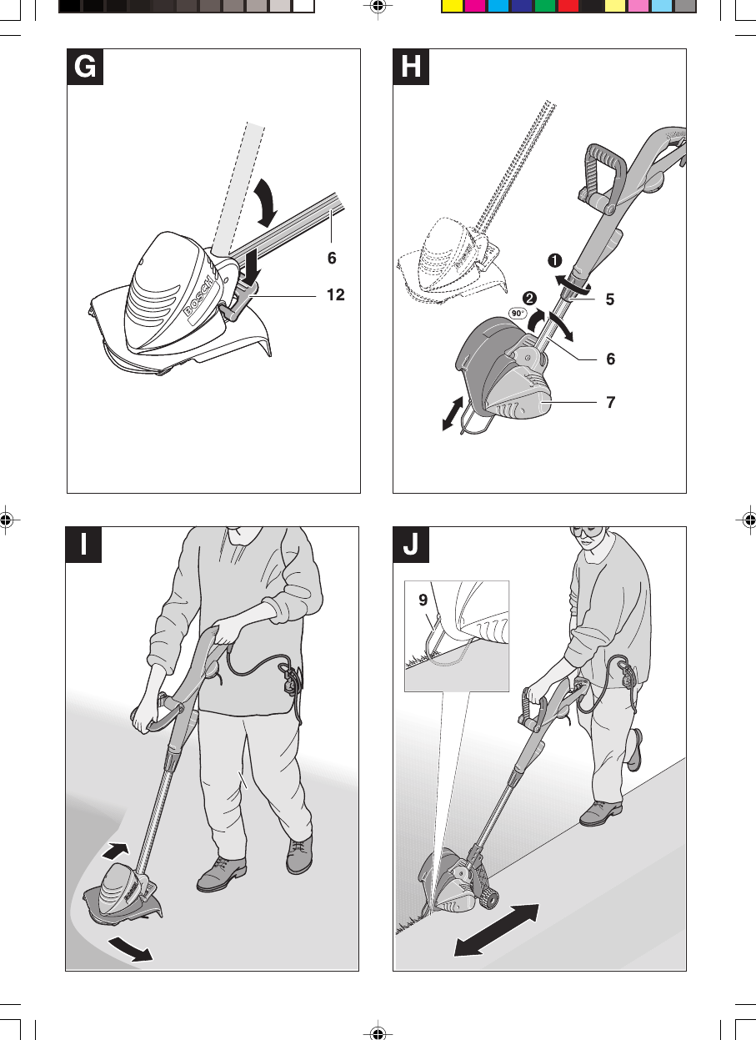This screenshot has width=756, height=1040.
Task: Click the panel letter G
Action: [84, 67]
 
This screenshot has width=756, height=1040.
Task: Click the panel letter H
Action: [411, 67]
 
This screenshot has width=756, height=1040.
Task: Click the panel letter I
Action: [84, 545]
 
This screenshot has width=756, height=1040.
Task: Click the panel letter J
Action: [411, 545]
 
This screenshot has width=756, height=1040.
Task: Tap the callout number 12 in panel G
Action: [335, 294]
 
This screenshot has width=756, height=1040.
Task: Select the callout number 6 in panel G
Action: [332, 259]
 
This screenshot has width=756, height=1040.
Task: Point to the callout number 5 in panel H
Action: [610, 298]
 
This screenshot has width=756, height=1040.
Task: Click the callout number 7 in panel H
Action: [610, 402]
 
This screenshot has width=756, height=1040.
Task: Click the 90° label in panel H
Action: [516, 314]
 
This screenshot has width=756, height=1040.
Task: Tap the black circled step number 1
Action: [553, 259]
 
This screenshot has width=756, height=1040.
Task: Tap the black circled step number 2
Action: [529, 298]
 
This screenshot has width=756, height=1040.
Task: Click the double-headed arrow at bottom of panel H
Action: [455, 414]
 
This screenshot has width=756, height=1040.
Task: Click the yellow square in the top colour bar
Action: [451, 6]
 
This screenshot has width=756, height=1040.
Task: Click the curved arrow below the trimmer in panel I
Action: [130, 949]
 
